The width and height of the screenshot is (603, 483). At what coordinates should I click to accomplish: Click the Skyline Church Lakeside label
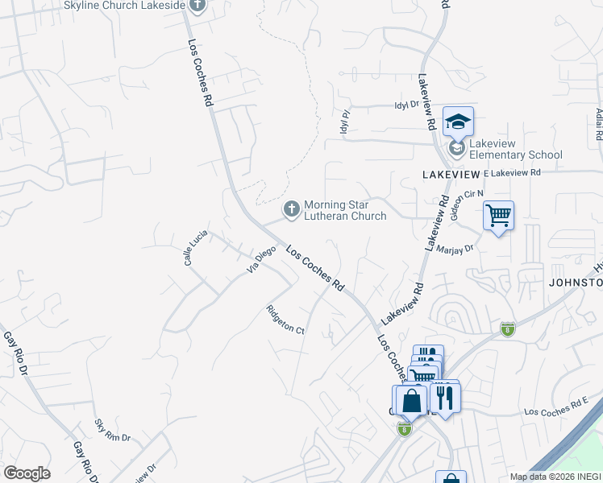(125, 6)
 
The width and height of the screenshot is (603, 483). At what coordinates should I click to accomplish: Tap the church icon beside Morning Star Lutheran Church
(291, 209)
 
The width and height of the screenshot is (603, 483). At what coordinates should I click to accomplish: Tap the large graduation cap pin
(458, 122)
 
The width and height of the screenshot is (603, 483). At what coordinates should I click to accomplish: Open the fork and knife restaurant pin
(443, 397)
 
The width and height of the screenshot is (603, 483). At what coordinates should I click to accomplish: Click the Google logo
(27, 473)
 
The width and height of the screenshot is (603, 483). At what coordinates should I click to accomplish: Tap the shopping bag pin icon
(410, 400)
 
